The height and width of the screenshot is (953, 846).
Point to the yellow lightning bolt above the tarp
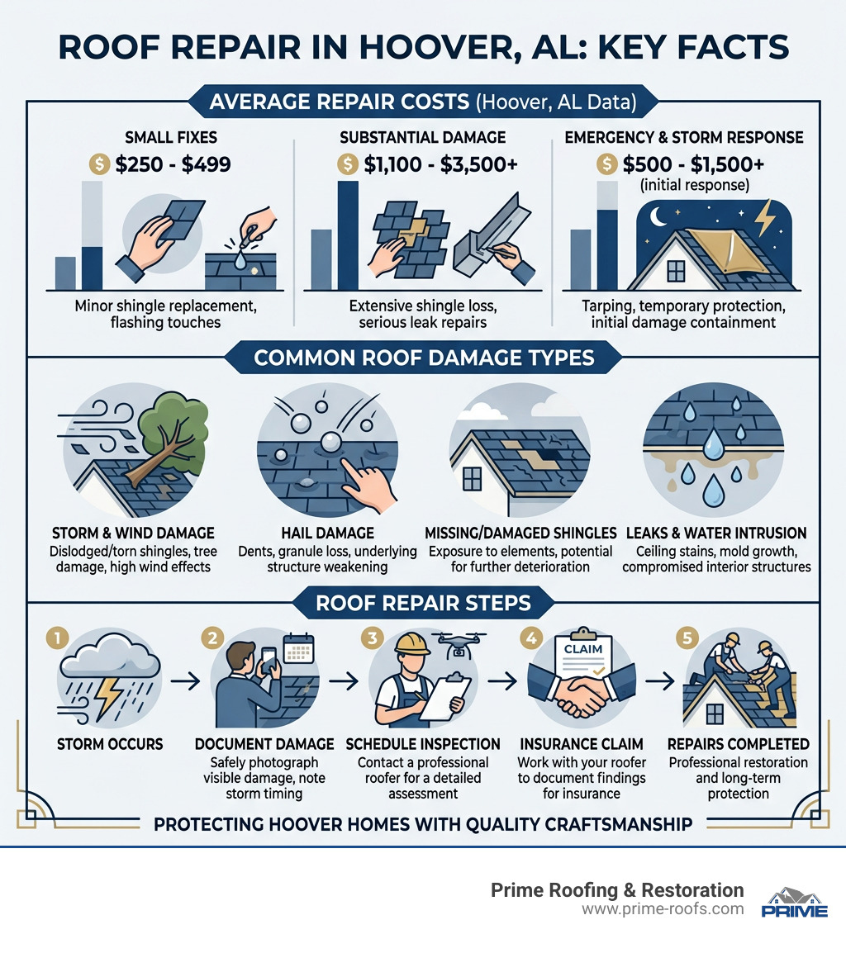(x=766, y=216)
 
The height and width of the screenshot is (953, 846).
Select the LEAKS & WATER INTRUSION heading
(x=716, y=533)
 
